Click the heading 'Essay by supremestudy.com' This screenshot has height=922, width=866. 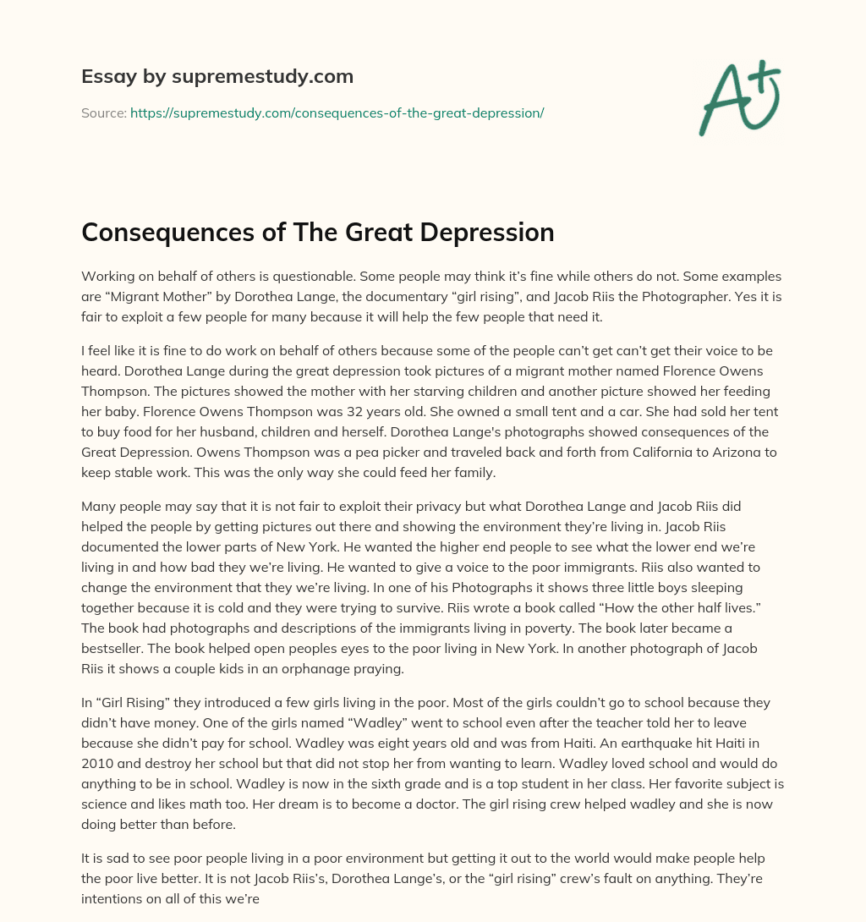tap(217, 77)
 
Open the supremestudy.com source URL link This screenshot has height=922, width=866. tap(337, 113)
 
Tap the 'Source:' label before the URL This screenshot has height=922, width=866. tap(103, 113)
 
